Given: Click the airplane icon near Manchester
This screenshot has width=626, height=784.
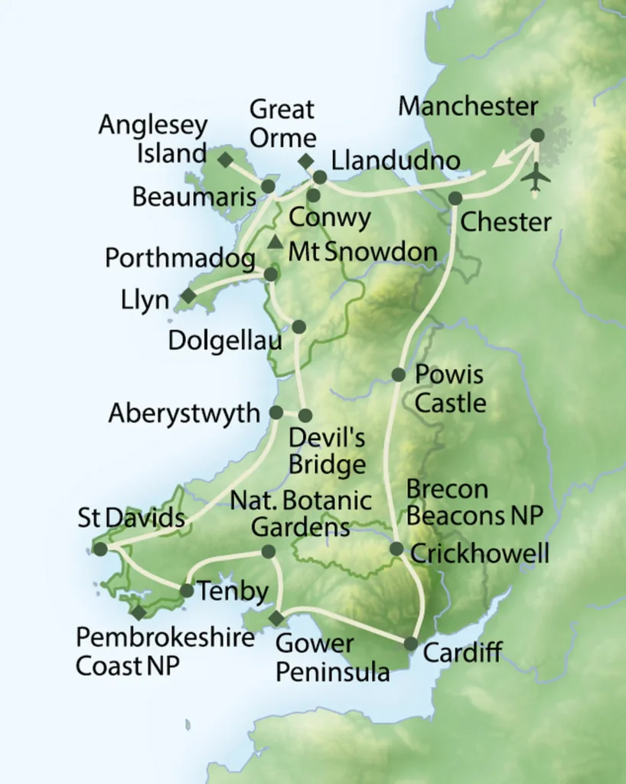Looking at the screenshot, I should (x=536, y=177).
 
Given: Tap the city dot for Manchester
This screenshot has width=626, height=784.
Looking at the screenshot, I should (x=537, y=135).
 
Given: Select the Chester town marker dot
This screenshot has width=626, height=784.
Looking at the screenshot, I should (x=455, y=198).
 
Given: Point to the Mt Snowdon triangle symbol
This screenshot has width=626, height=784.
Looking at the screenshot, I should (x=275, y=243).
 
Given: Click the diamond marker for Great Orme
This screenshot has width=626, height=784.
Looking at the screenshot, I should (x=305, y=161).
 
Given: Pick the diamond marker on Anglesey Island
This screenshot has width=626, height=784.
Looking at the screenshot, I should (x=225, y=159).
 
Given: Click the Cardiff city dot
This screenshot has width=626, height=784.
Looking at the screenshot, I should (x=411, y=643).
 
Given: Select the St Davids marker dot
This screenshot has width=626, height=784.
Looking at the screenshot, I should (x=100, y=548).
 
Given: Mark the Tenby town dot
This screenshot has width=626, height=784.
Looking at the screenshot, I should (x=186, y=590).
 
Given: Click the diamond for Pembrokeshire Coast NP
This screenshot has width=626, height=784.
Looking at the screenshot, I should (x=139, y=612).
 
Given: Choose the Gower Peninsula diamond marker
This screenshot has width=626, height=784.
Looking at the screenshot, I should (x=276, y=617).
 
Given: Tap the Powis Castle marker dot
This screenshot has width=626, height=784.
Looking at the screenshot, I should (x=399, y=374).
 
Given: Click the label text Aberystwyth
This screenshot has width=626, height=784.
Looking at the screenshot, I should (x=184, y=413).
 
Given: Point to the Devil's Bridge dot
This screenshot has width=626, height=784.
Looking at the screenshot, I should (x=305, y=416).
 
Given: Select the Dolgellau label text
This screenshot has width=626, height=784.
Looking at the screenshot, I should (x=226, y=341).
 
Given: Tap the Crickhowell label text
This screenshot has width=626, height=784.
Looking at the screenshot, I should (x=480, y=553).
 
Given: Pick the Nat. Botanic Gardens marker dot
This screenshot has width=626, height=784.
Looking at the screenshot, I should (x=268, y=551).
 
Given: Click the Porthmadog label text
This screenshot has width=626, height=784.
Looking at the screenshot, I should (x=181, y=259).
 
